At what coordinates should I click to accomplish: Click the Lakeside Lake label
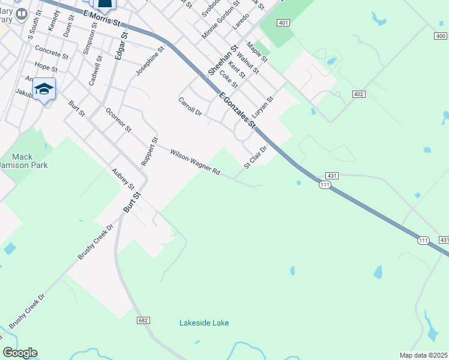204,323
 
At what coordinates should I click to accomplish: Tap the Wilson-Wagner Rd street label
195,163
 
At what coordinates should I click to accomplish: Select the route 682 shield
142,321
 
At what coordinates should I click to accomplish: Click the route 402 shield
359,94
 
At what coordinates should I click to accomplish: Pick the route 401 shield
284,23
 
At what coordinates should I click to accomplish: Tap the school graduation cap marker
44,90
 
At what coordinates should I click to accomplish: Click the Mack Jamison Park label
22,161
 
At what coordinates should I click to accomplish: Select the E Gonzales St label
238,110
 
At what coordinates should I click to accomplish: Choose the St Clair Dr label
255,157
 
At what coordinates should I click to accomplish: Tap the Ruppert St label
149,152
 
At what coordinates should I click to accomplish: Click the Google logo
20,353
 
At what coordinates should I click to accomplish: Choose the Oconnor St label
118,120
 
